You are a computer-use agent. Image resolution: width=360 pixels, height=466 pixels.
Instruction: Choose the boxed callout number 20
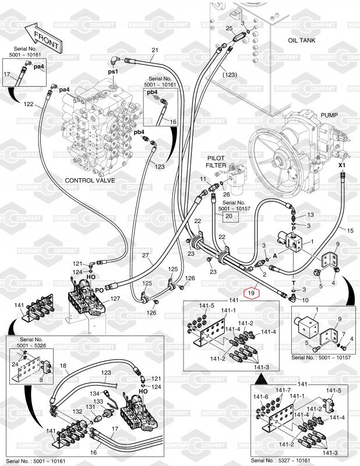(x=228, y=216)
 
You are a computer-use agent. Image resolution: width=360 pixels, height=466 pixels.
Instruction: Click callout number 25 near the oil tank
(x=229, y=28)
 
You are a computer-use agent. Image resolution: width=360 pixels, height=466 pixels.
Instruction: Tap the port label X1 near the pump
(x=343, y=165)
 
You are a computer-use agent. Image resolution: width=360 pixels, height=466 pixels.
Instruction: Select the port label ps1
(x=113, y=71)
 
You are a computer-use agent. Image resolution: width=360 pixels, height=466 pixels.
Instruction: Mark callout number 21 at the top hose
(x=155, y=50)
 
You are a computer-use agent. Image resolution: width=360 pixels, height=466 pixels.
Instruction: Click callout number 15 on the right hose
(x=350, y=231)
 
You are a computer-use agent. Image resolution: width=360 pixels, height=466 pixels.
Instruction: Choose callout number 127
(x=115, y=299)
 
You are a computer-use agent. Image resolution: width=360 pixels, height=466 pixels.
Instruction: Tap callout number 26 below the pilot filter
(x=227, y=195)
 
